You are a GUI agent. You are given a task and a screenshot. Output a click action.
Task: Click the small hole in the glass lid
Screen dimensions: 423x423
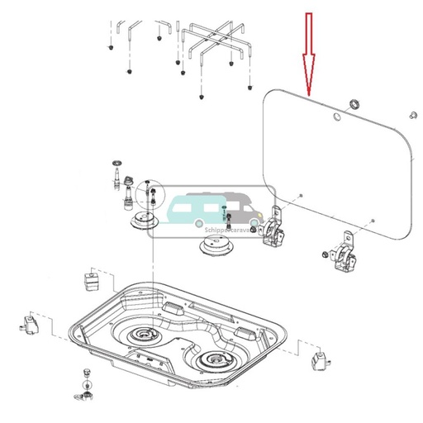335,118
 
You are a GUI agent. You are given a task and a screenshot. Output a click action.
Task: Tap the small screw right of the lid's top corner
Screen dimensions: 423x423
412,113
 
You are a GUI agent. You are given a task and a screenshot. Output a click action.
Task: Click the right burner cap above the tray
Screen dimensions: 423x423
215,245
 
